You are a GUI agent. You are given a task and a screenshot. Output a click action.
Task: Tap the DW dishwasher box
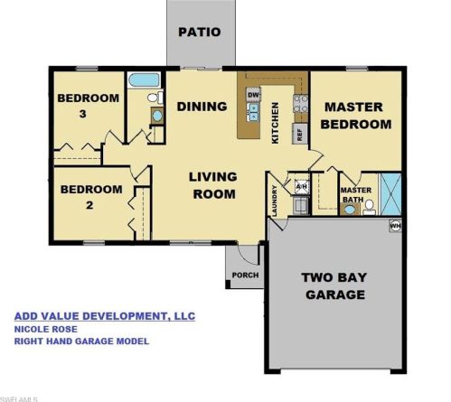pyautogui.click(x=254, y=96)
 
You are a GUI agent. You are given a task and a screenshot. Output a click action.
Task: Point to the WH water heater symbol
pyautogui.click(x=394, y=225)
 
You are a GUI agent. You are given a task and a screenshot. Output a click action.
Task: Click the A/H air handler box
pyautogui.click(x=302, y=187)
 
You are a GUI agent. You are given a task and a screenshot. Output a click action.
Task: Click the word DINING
pyautogui.click(x=202, y=107)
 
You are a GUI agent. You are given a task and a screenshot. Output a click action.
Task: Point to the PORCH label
pyautogui.click(x=244, y=275)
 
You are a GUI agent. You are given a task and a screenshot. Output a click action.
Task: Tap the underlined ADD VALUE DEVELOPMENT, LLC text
pyautogui.click(x=104, y=316)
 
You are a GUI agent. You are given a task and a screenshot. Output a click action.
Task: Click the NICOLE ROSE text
pyautogui.click(x=41, y=330)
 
